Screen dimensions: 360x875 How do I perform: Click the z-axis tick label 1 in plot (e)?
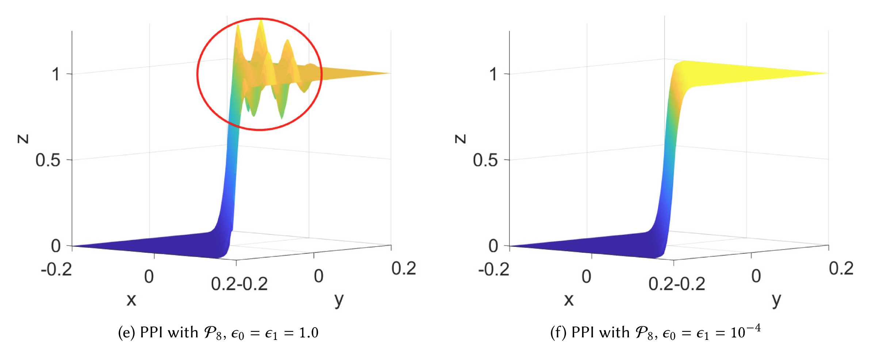click(56, 74)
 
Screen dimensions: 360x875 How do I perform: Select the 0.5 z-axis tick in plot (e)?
click(48, 160)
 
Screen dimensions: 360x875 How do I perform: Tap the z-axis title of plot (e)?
click(23, 139)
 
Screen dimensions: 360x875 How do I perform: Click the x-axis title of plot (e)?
click(131, 300)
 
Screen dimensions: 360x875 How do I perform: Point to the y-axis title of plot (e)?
click(339, 300)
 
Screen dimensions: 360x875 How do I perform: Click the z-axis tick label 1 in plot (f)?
click(493, 74)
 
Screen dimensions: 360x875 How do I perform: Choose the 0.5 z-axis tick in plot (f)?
click(485, 160)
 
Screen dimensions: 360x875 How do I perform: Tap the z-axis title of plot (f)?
click(461, 139)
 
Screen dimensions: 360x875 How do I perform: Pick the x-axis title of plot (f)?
click(569, 300)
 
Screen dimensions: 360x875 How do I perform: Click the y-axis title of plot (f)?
click(776, 300)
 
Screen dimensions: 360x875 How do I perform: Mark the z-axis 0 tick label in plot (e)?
click(56, 246)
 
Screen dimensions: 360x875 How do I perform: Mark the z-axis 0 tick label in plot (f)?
click(493, 246)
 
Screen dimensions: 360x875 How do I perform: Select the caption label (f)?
click(558, 333)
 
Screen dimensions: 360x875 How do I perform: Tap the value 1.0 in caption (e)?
click(309, 333)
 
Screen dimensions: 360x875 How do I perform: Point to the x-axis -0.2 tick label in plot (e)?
click(56, 270)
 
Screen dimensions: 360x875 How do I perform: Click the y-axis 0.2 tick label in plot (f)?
click(841, 269)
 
